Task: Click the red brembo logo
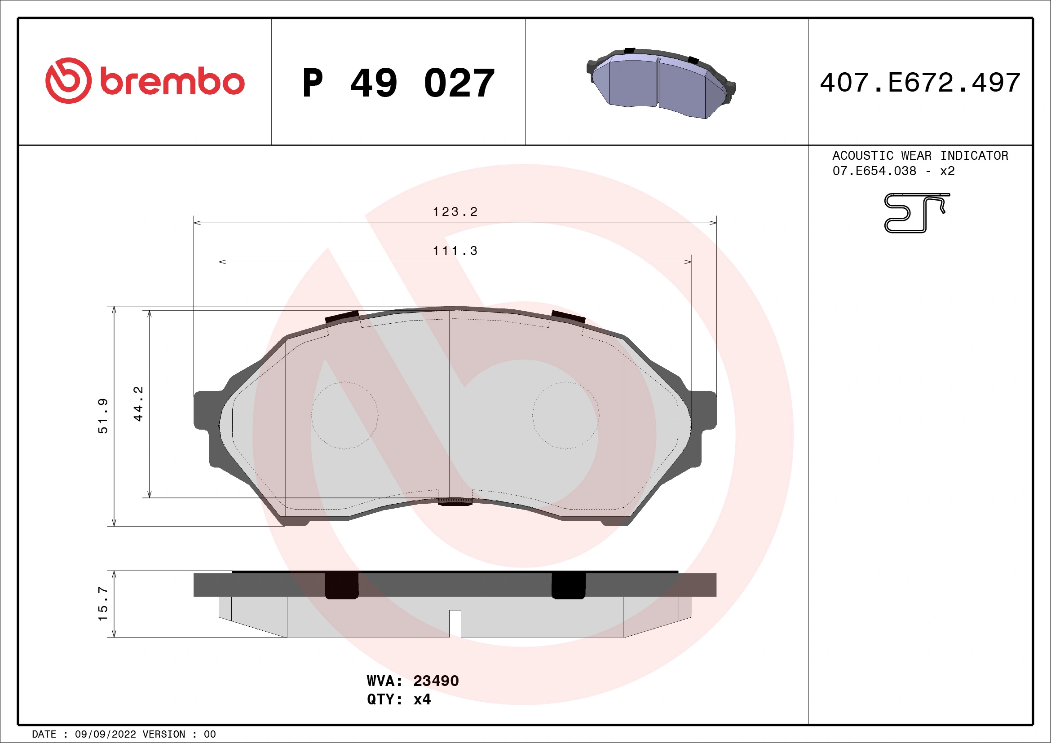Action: pos(145,81)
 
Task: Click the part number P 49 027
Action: pos(398,83)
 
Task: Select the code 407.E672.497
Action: pos(920,83)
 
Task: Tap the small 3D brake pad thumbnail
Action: pos(661,83)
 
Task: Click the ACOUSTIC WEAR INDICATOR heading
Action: pos(920,155)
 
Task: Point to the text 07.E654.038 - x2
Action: pos(893,171)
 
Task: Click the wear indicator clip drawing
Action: pos(915,213)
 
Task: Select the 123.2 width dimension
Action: pos(455,212)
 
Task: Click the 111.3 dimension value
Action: pos(455,251)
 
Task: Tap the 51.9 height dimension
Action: pos(103,415)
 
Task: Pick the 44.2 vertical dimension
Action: pos(138,404)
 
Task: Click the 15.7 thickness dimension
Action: pos(103,604)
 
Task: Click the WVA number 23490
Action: pos(435,681)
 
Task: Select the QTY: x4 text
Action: pos(398,699)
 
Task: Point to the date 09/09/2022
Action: pos(105,734)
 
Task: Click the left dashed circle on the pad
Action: pos(344,415)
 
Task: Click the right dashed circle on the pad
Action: pos(565,415)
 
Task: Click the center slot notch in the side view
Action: pos(455,623)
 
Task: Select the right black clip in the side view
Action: pos(568,585)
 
